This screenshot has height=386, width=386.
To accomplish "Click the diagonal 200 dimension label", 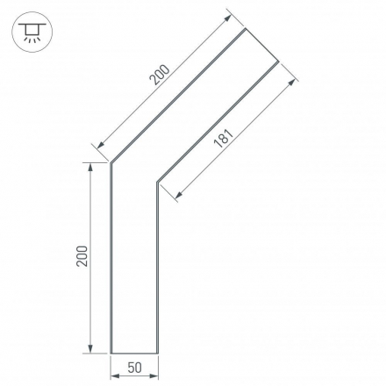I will [x=159, y=76].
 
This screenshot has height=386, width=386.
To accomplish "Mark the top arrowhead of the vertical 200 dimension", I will [x=91, y=166].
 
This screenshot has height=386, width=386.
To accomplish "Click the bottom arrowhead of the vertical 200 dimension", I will [x=91, y=350].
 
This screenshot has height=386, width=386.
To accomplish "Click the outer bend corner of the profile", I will [x=111, y=163].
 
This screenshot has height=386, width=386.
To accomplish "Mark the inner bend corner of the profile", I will [x=158, y=182].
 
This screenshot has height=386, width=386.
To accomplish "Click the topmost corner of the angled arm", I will [x=245, y=30].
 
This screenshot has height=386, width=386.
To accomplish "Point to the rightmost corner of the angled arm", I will [x=279, y=62].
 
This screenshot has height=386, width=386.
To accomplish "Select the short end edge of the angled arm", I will [x=262, y=46].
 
